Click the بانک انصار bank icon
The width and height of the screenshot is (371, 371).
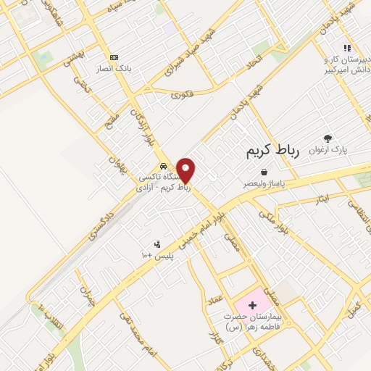(114, 57)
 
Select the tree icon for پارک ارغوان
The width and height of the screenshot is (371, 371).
(328, 138)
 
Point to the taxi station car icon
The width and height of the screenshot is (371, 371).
(164, 164)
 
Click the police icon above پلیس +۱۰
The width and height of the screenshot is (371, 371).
(157, 245)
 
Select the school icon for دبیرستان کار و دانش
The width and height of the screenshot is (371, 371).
(347, 48)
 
